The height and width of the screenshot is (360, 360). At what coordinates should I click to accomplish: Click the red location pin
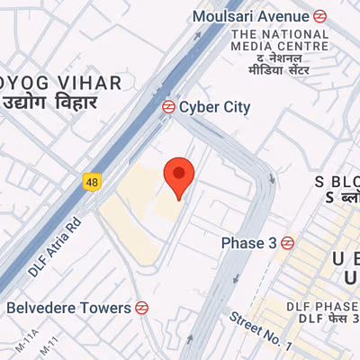click(x=178, y=177)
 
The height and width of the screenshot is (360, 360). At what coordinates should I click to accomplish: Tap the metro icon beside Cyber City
click(x=167, y=106)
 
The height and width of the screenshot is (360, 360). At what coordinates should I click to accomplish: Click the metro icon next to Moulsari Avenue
click(x=319, y=15)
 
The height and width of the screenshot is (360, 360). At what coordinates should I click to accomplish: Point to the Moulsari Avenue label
click(x=251, y=15)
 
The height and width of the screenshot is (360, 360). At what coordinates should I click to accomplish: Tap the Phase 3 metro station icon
click(x=287, y=242)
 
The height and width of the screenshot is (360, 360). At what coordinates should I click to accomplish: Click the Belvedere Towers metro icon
click(x=141, y=308)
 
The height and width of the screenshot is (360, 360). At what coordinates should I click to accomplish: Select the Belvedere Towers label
click(x=69, y=308)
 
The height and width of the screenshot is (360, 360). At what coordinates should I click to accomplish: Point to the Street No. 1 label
click(x=260, y=329)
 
